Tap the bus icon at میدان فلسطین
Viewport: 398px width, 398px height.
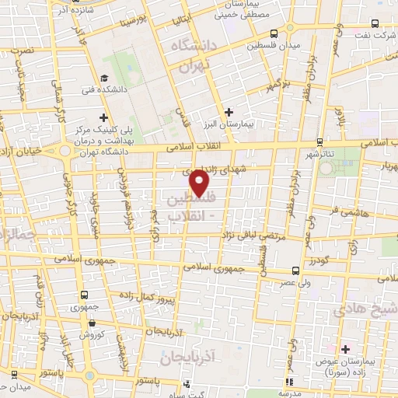click(273, 33)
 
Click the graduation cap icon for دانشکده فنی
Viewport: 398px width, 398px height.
click(103, 78)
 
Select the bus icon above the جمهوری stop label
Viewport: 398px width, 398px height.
click(84, 295)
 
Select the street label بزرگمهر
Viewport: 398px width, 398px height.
click(278, 82)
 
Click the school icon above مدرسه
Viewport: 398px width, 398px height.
click(289, 382)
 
